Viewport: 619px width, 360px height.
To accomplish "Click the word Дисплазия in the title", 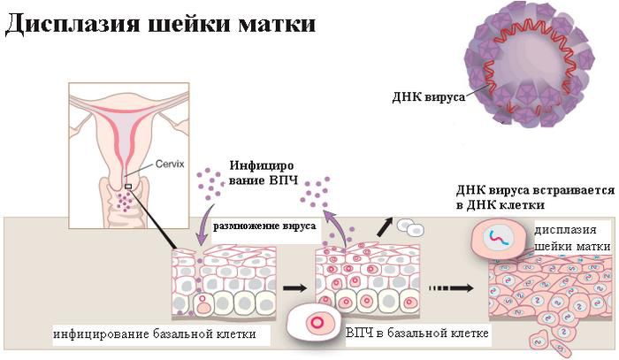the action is pyautogui.click(x=73, y=24).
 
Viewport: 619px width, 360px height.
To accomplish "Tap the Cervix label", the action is pyautogui.click(x=170, y=164).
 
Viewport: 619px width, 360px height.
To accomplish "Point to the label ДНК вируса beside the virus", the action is pyautogui.click(x=429, y=97).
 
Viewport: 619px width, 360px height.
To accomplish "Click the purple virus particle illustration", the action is pyautogui.click(x=530, y=63).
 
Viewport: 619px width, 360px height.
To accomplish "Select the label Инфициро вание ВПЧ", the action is pyautogui.click(x=263, y=172).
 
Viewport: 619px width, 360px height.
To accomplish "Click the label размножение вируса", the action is pyautogui.click(x=264, y=226).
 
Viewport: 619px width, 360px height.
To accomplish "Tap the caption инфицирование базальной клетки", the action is pyautogui.click(x=155, y=334).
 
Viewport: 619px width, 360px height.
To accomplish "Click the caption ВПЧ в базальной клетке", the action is pyautogui.click(x=417, y=333).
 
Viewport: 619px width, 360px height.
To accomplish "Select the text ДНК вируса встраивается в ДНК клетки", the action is pyautogui.click(x=535, y=197).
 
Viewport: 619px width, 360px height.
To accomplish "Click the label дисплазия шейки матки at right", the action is pyautogui.click(x=572, y=238).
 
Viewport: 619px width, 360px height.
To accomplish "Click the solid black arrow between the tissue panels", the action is pyautogui.click(x=294, y=287).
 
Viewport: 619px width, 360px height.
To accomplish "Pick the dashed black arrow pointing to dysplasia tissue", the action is pyautogui.click(x=451, y=288).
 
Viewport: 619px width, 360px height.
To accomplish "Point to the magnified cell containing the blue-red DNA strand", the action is pyautogui.click(x=498, y=238).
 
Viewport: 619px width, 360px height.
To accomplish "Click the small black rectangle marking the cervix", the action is pyautogui.click(x=128, y=187).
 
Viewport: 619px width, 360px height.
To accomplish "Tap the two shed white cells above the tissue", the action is pyautogui.click(x=409, y=227).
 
